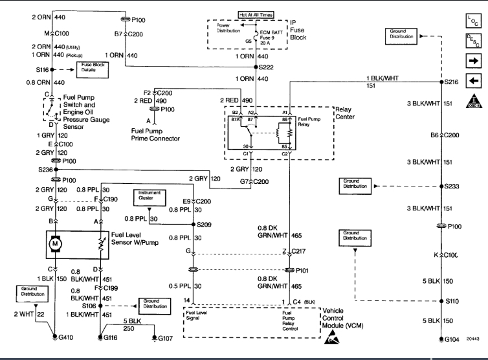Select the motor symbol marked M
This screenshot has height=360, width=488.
click(55, 244)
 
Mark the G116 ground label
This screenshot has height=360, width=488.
click(111, 337)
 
